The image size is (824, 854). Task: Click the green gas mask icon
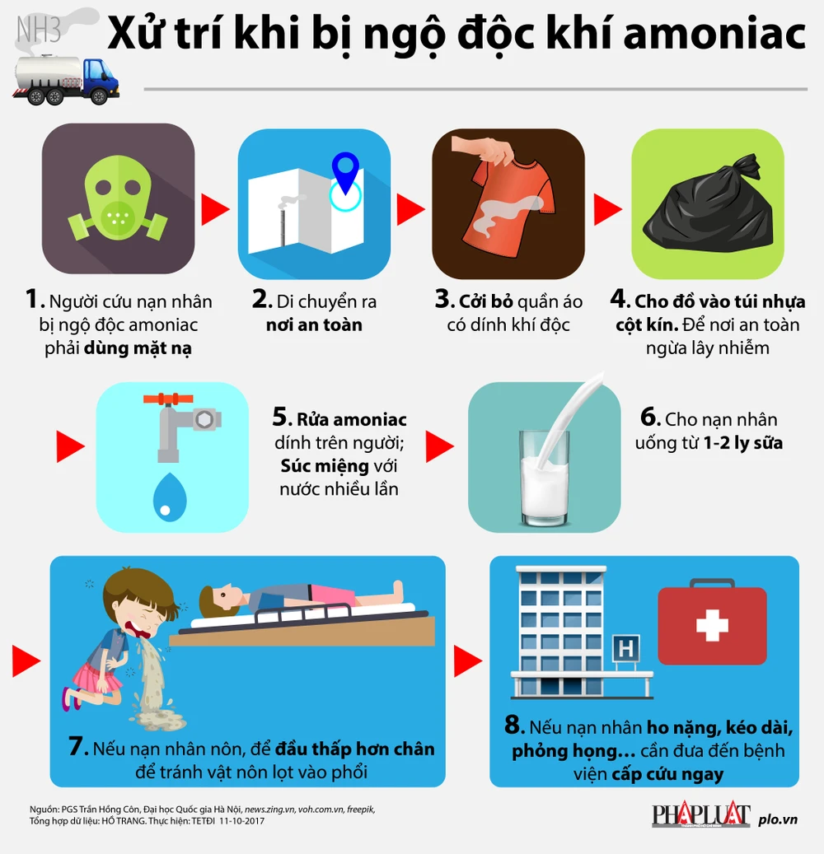coord(118,198)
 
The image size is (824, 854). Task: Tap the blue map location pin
coord(345,172)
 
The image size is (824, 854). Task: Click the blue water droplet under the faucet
coord(170,497)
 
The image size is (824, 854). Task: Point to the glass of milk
coord(545,478)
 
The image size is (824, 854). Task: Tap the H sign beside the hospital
coord(625,648)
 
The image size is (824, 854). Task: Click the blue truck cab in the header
coord(101,80)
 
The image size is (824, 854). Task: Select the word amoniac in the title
coord(714,34)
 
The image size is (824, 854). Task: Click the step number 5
coord(282,418)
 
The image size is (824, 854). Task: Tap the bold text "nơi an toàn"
coord(314,324)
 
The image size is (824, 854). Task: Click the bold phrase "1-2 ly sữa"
coord(742,443)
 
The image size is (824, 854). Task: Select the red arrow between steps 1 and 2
coord(215,208)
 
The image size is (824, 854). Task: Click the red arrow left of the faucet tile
coord(70,446)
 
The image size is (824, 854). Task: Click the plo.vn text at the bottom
coord(778,819)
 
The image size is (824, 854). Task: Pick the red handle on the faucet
coord(168,399)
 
